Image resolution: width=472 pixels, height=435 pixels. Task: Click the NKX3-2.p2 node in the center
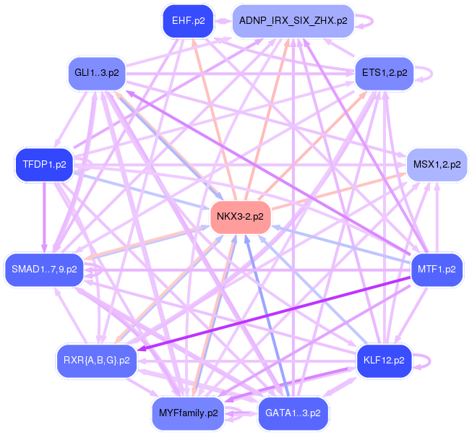[241, 217]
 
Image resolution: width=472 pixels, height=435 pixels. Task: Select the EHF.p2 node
[183, 21]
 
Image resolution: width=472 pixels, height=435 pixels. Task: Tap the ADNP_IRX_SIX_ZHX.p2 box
[293, 21]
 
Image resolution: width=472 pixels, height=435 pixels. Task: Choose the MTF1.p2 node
[437, 270]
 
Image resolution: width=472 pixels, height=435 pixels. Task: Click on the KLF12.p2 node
[384, 360]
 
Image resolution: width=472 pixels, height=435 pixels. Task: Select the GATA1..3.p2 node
[292, 413]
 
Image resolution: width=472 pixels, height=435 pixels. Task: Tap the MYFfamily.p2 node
[187, 413]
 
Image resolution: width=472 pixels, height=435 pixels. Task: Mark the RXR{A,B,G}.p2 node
[97, 360]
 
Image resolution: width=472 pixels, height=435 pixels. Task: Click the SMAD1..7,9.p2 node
[44, 270]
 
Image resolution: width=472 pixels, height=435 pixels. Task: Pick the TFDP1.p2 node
[44, 165]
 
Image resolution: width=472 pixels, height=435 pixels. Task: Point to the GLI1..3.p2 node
[96, 73]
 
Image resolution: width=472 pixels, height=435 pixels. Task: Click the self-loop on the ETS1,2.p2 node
[426, 73]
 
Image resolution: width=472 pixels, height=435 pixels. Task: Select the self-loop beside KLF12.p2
[427, 360]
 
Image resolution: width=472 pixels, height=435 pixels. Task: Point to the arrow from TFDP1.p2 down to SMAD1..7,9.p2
[45, 217]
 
